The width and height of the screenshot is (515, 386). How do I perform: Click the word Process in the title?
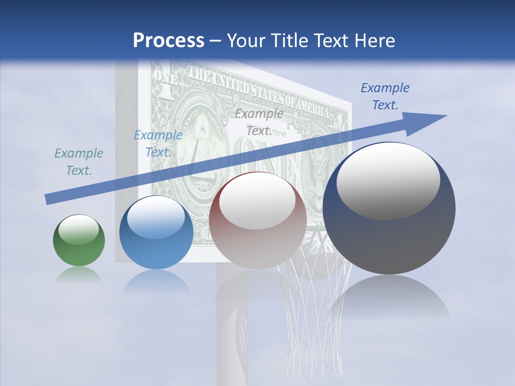click(168, 41)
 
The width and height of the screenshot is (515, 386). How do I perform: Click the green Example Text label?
click(79, 162)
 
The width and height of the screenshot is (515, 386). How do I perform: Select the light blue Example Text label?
click(158, 144)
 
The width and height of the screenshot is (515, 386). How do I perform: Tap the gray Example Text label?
click(259, 122)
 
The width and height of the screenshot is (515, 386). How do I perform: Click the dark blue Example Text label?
click(385, 96)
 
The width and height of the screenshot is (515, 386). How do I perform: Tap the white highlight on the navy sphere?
click(388, 181)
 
